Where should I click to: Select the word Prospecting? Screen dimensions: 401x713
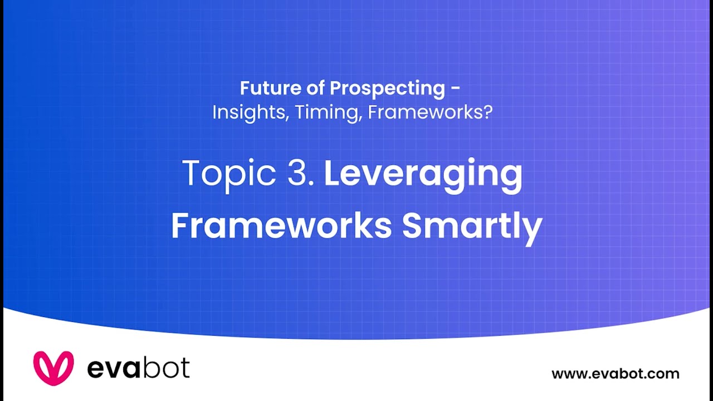click(387, 88)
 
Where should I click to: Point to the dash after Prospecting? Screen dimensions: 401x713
click(456, 89)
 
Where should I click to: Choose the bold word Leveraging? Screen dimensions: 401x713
click(423, 174)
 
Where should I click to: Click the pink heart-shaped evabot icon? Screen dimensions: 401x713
click(53, 368)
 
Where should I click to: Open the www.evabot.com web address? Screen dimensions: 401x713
click(615, 374)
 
